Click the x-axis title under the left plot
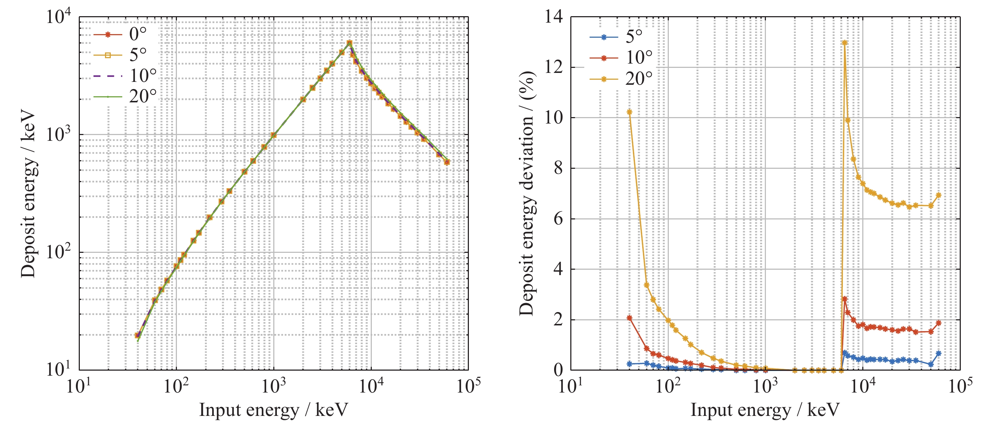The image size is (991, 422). [x=273, y=410]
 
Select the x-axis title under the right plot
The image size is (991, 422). [x=765, y=410]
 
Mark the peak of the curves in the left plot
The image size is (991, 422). [x=349, y=43]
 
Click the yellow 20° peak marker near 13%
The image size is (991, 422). [x=844, y=43]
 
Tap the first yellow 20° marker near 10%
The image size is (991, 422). [x=629, y=112]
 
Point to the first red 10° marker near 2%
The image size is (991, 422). [x=629, y=318]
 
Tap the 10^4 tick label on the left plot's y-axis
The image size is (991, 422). [x=59, y=17]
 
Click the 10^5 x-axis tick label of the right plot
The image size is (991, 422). [x=960, y=385]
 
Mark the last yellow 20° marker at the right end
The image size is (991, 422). [x=939, y=195]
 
